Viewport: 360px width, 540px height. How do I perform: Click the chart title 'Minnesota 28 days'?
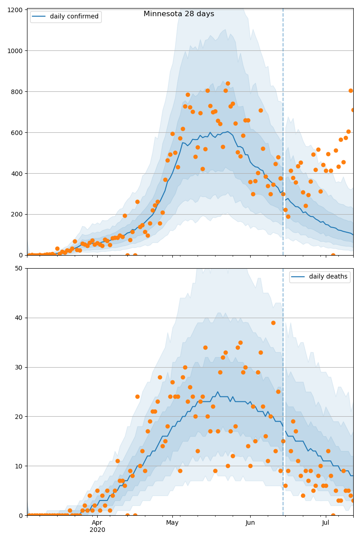click(x=179, y=14)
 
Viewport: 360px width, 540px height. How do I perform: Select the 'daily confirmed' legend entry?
click(x=66, y=17)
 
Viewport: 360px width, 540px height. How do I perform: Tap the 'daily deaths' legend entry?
click(x=320, y=276)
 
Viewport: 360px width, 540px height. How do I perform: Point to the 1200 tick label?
click(x=15, y=10)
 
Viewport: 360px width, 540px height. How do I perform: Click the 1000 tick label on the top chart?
click(x=15, y=51)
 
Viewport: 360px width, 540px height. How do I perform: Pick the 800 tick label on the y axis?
click(x=17, y=92)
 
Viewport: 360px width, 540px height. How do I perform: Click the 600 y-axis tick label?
click(x=17, y=133)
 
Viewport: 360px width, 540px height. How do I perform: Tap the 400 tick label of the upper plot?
click(x=17, y=174)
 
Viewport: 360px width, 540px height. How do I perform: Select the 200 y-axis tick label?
click(x=17, y=215)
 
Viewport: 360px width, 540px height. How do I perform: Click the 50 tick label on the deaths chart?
click(x=18, y=269)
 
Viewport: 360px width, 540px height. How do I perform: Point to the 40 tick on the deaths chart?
click(x=18, y=318)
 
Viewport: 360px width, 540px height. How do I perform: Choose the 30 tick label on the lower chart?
click(x=18, y=367)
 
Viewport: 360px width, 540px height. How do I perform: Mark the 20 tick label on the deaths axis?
click(x=18, y=417)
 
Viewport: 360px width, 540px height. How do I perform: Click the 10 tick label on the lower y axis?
click(x=18, y=466)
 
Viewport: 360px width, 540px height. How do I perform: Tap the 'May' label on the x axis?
click(x=172, y=523)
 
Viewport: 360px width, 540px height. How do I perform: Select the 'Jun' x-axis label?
click(x=250, y=522)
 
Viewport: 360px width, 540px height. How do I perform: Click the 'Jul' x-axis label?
click(x=325, y=522)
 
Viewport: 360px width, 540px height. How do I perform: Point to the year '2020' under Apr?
click(x=97, y=530)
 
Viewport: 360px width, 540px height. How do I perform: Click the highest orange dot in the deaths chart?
click(x=273, y=323)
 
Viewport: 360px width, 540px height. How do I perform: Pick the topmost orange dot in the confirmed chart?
click(x=228, y=84)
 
